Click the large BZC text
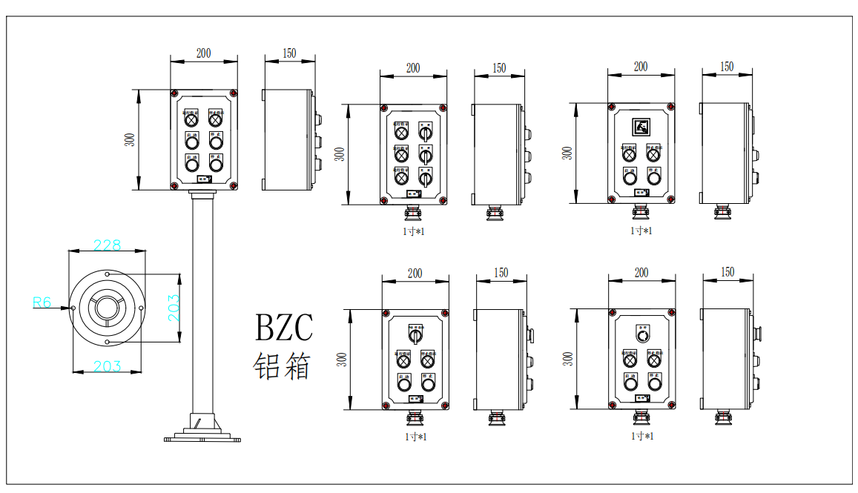click(x=284, y=328)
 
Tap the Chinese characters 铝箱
click(x=282, y=366)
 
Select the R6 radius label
click(x=42, y=302)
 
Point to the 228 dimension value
click(x=107, y=245)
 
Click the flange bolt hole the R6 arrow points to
click(x=73, y=308)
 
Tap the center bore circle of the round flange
click(x=108, y=308)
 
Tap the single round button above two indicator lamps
click(x=642, y=336)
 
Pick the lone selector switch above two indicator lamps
click(x=415, y=336)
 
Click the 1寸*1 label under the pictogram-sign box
click(x=641, y=231)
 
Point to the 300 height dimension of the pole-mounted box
click(x=131, y=139)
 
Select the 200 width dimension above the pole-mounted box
click(x=203, y=53)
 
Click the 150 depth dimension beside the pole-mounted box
click(x=289, y=53)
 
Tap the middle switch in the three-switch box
click(x=426, y=156)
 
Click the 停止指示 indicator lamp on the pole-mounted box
click(x=216, y=119)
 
